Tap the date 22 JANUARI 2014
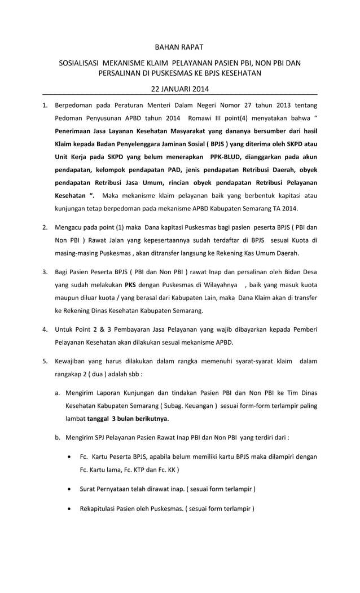click(x=179, y=89)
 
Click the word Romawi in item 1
click(x=200, y=118)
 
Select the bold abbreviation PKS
click(x=130, y=284)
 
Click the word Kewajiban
click(x=72, y=361)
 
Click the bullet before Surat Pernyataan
click(x=69, y=489)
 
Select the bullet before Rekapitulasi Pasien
click(x=69, y=509)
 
